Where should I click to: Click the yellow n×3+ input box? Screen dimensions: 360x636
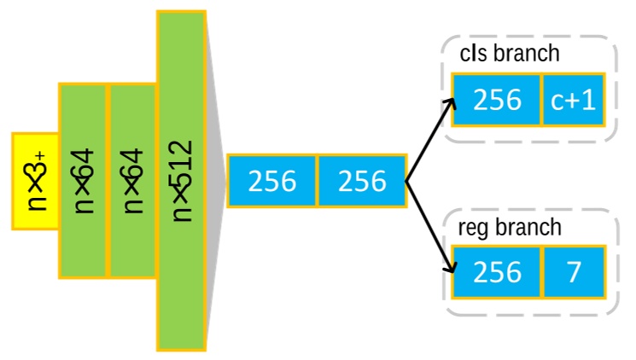(x=35, y=181)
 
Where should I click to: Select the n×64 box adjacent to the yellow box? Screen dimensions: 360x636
(x=83, y=180)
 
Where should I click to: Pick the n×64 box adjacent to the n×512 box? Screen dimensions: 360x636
(x=132, y=180)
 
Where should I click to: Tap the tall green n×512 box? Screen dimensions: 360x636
(x=181, y=180)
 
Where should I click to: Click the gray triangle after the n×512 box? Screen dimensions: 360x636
(x=216, y=180)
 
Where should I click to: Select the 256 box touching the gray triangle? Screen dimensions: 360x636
(x=271, y=181)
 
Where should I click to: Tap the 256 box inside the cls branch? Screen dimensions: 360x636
(x=497, y=100)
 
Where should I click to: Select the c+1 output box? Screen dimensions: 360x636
(x=573, y=100)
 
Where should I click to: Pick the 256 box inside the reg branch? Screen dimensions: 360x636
(x=497, y=271)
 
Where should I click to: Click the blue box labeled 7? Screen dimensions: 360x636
(x=573, y=271)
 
